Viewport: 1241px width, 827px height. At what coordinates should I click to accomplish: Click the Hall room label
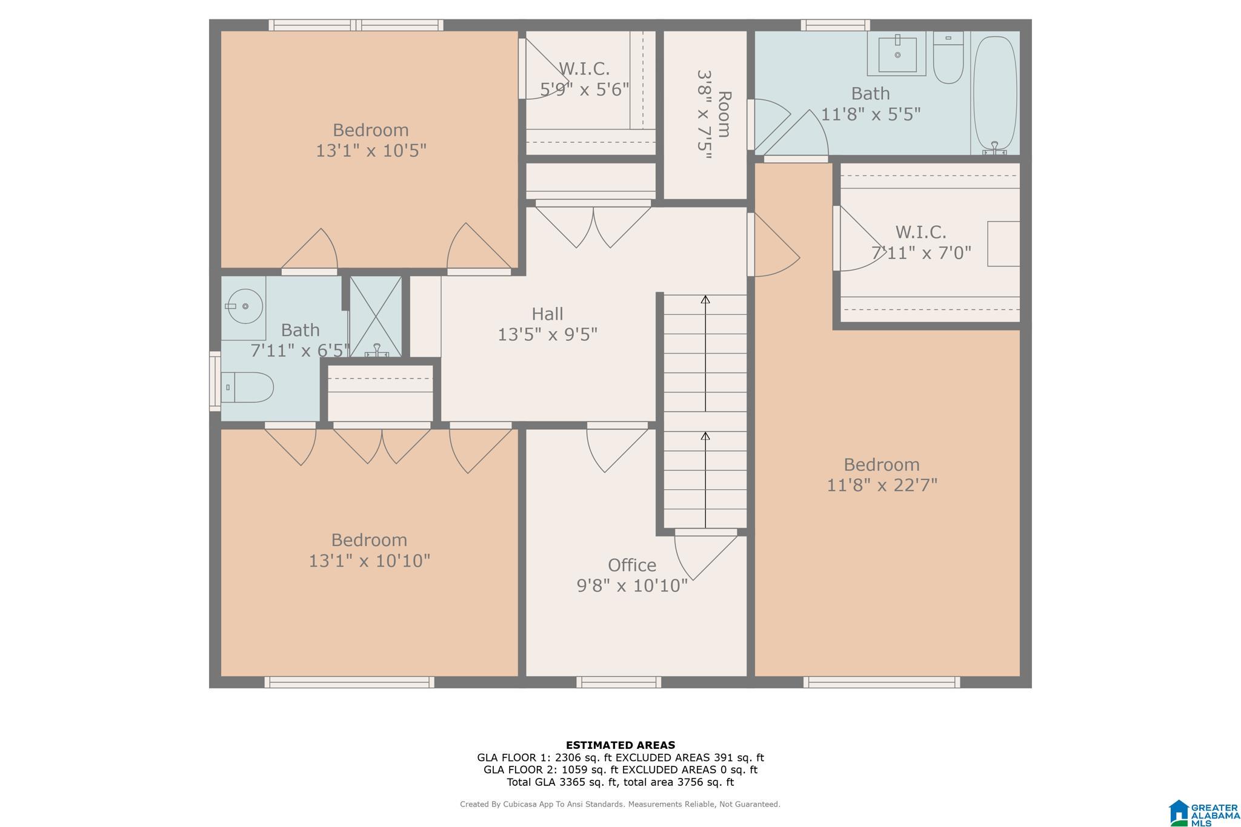[547, 314]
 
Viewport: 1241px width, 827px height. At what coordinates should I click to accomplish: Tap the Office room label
[632, 565]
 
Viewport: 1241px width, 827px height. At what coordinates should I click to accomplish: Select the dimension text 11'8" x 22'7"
[882, 485]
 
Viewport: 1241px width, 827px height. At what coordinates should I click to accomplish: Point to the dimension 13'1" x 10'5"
[371, 150]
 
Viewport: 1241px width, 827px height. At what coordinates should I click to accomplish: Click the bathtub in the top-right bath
[995, 93]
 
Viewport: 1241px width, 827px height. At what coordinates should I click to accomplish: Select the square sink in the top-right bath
[897, 54]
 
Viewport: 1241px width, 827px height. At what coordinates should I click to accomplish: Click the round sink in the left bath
[245, 306]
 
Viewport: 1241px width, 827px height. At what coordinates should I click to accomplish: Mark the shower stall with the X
[376, 317]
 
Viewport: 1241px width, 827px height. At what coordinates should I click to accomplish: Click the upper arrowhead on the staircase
[705, 299]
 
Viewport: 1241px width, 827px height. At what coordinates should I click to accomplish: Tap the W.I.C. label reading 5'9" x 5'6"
[584, 79]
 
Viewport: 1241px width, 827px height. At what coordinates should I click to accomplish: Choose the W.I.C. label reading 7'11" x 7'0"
[921, 242]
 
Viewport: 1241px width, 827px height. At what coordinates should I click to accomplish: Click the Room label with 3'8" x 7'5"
[713, 114]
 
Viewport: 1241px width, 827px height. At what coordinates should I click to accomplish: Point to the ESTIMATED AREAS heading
[620, 745]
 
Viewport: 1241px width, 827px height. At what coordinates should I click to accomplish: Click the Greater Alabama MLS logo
[1203, 813]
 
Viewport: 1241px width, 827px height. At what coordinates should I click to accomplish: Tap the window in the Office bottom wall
[619, 682]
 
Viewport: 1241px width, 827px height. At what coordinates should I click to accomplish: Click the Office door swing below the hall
[617, 448]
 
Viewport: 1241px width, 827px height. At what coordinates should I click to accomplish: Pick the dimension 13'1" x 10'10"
[370, 561]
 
